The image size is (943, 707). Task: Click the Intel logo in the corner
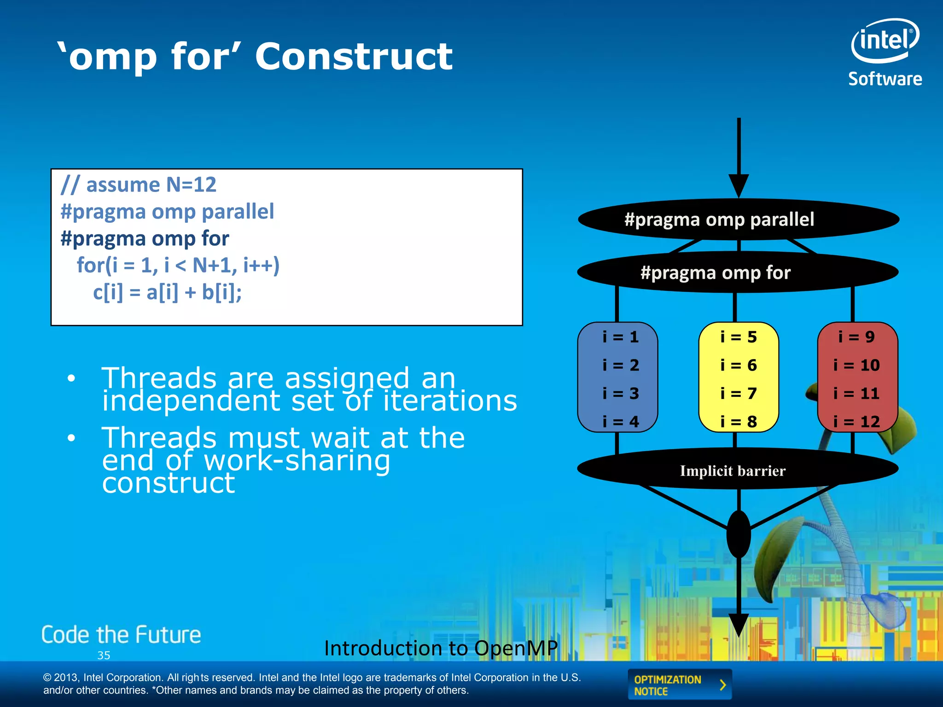coord(885,41)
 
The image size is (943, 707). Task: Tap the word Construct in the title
coord(354,57)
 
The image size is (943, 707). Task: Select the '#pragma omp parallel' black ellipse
coord(738,220)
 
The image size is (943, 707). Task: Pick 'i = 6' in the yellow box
coord(738,365)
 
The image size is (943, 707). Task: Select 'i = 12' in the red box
coord(856,421)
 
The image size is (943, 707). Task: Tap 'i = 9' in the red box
coord(856,337)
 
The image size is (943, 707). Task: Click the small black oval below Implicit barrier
coord(739,534)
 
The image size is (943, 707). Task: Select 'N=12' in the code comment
coord(191,185)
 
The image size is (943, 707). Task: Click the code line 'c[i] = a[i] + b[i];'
coord(167,292)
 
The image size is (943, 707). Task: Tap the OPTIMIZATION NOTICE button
coord(679,684)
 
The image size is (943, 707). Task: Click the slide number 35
coord(104,655)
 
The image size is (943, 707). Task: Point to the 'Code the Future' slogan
coord(121,635)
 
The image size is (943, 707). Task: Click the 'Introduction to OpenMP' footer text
coord(441,648)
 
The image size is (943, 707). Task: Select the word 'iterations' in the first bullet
coord(450,400)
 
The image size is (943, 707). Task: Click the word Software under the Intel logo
coord(885,79)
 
